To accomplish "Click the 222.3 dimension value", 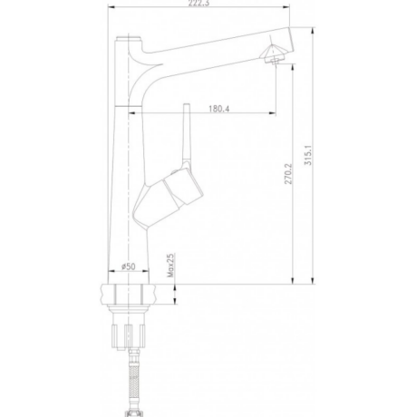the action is pos(199,3).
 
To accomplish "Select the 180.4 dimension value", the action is pos(218,109).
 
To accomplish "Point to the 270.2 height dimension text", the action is pos(288,174).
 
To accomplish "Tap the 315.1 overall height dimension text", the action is pos(308,155).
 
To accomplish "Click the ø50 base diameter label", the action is pos(129,267).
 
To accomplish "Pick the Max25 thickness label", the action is pos(170,266).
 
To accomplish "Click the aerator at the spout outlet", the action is pos(274,54).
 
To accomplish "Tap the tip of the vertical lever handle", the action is pos(187,104).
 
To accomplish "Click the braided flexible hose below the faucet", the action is pos(133,381).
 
